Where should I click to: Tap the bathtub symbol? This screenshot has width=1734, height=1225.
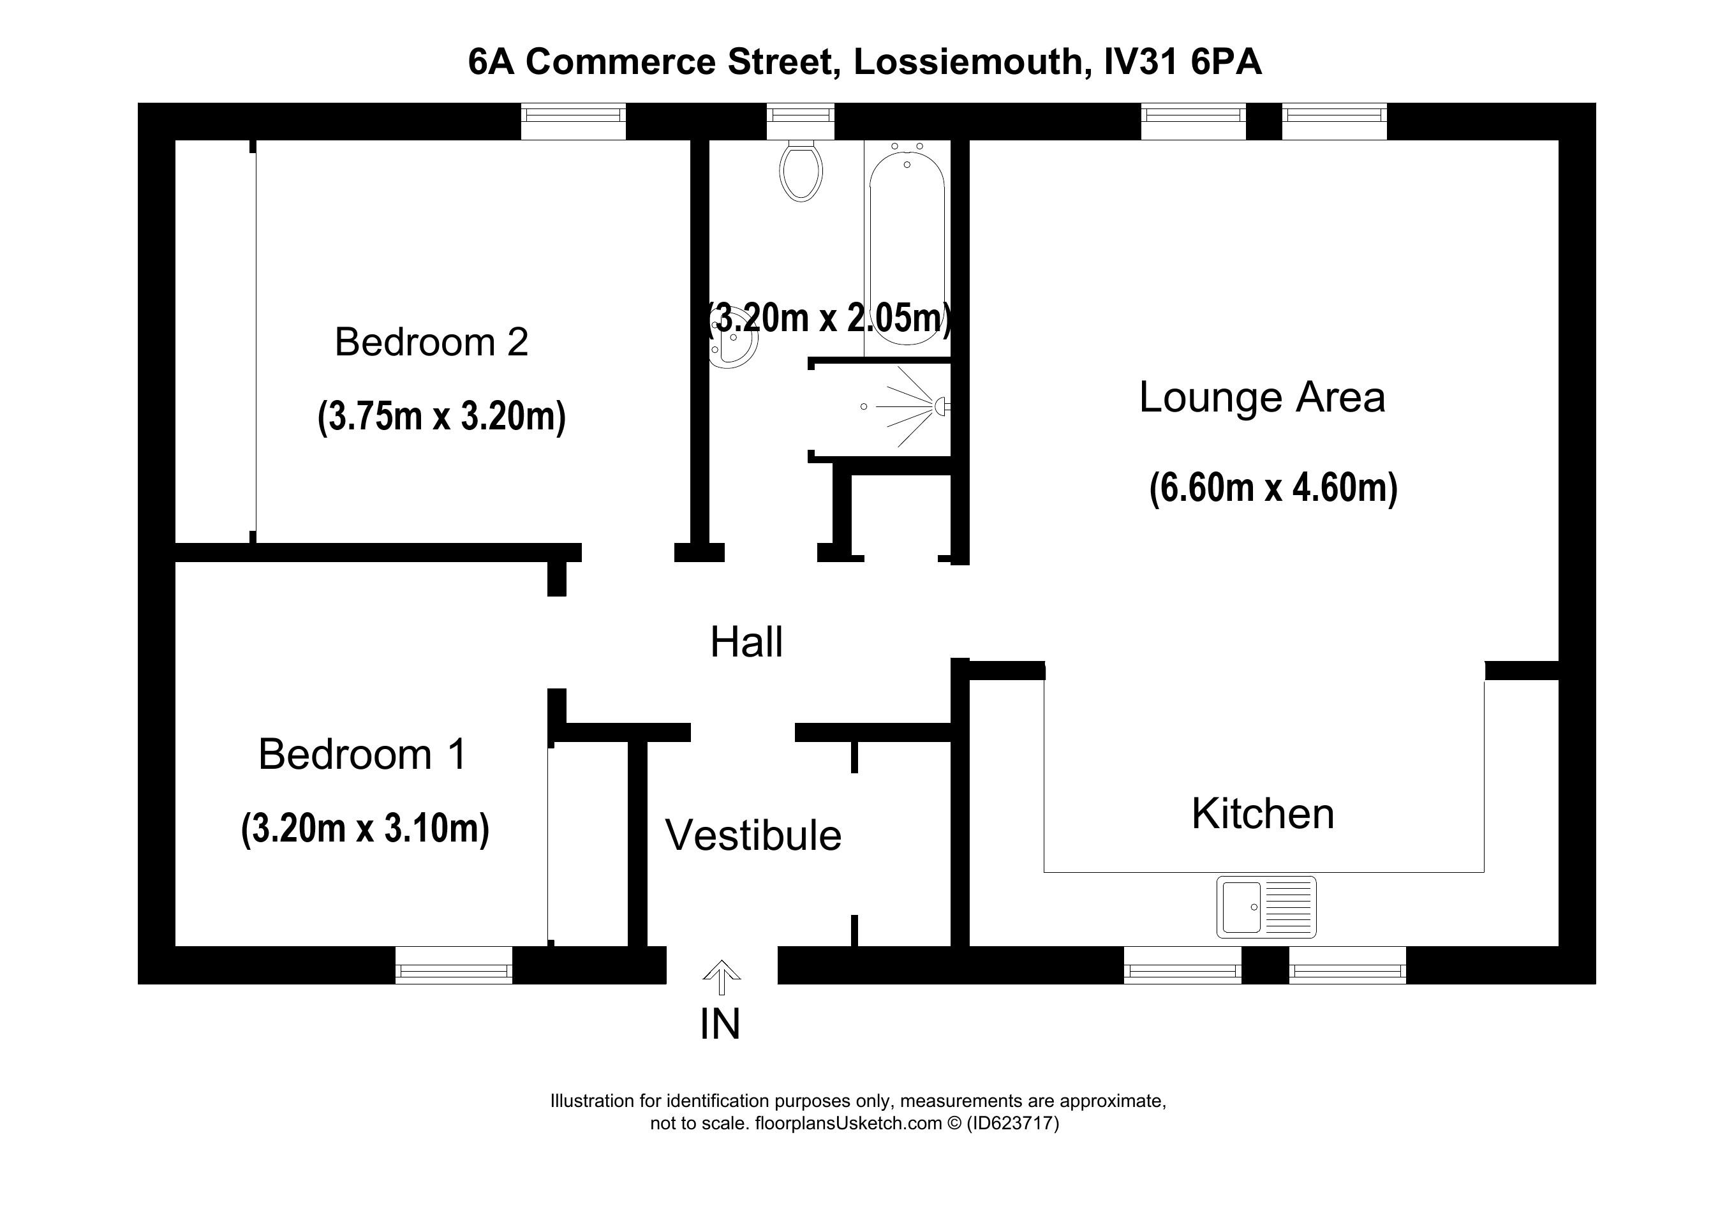(x=907, y=249)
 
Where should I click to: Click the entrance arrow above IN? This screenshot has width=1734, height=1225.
(x=722, y=976)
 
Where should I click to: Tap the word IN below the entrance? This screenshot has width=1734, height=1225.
(x=720, y=1024)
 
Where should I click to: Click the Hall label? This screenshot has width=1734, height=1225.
(x=746, y=642)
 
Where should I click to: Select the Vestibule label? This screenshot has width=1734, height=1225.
(x=753, y=835)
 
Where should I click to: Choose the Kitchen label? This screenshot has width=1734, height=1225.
(x=1263, y=814)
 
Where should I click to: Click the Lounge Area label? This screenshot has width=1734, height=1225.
(x=1261, y=397)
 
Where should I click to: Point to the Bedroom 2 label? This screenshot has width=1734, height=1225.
(x=431, y=342)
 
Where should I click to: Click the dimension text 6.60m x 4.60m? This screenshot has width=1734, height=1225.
(x=1273, y=488)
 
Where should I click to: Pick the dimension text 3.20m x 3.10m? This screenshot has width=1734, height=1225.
(x=365, y=829)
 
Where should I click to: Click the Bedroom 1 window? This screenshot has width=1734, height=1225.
(x=453, y=965)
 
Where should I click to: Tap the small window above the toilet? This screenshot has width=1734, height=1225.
(x=801, y=121)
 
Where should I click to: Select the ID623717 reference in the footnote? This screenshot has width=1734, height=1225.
(x=1012, y=1123)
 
